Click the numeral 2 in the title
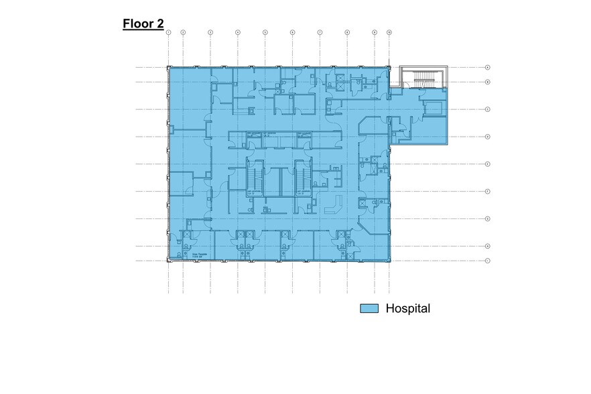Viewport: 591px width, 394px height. click(x=159, y=25)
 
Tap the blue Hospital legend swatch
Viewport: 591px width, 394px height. click(x=369, y=309)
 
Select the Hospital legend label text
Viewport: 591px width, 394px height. click(x=407, y=309)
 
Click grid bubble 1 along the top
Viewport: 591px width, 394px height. click(x=169, y=32)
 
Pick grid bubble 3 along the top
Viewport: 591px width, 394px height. click(x=210, y=32)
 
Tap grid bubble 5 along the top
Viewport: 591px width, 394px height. click(x=265, y=32)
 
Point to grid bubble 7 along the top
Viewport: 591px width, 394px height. click(x=320, y=32)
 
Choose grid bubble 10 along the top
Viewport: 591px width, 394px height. click(x=389, y=32)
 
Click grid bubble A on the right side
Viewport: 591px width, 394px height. click(x=488, y=68)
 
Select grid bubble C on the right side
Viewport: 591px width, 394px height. click(x=488, y=109)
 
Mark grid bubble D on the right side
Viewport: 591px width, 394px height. click(x=488, y=137)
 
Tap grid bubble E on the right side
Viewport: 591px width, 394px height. click(x=488, y=164)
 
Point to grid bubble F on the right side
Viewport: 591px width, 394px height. click(x=488, y=192)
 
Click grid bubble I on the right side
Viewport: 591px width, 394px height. click(x=488, y=261)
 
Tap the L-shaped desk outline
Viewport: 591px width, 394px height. click(x=334, y=204)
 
